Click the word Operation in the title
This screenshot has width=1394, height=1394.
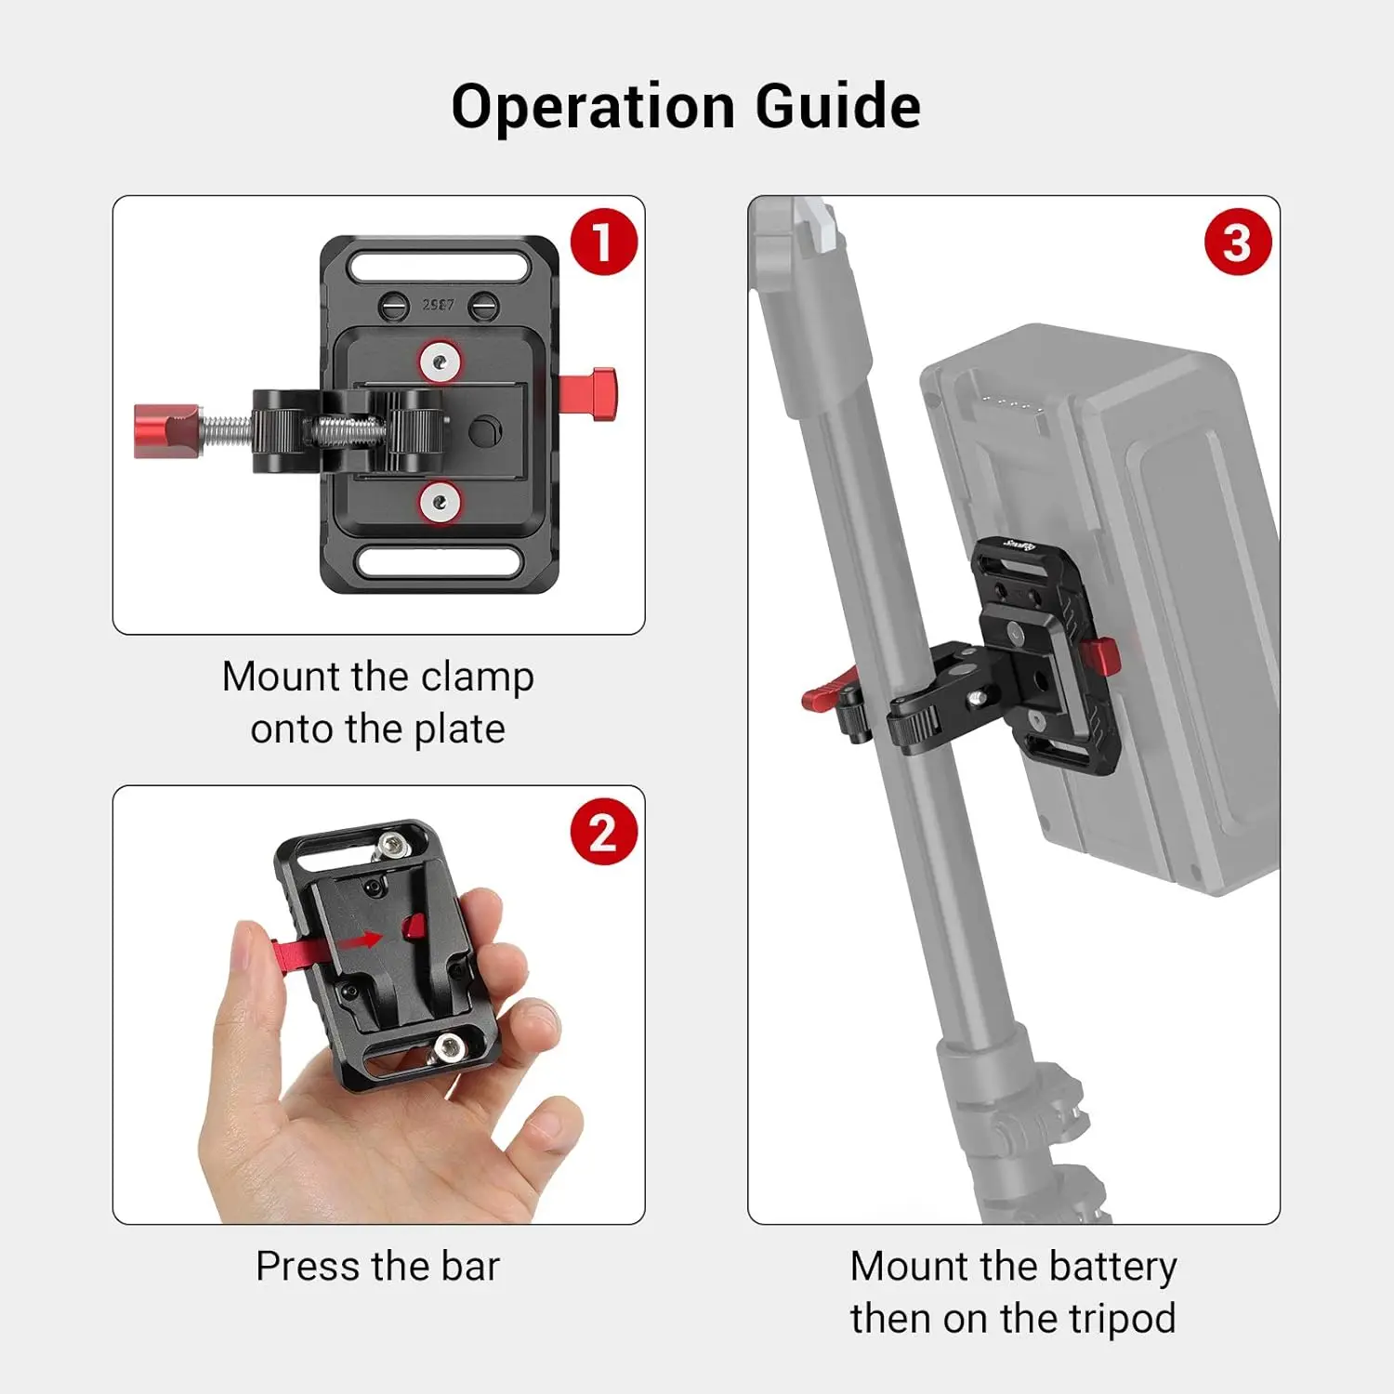(x=595, y=107)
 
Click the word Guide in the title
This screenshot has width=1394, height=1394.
(x=837, y=107)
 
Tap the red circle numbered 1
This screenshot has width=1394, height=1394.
(x=604, y=243)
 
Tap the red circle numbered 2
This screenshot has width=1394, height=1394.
(x=604, y=832)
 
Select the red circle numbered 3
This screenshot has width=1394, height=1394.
(x=1238, y=243)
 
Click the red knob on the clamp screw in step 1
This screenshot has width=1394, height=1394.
(x=167, y=431)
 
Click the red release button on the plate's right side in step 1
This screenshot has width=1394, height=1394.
(x=589, y=395)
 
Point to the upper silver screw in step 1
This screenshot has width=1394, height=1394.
(x=441, y=362)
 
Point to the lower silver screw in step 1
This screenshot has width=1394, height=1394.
(x=441, y=503)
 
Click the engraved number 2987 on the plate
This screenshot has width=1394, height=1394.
(x=439, y=305)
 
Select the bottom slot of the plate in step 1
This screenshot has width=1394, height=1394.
(x=439, y=561)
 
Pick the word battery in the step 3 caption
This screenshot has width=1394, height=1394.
(x=1112, y=1267)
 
